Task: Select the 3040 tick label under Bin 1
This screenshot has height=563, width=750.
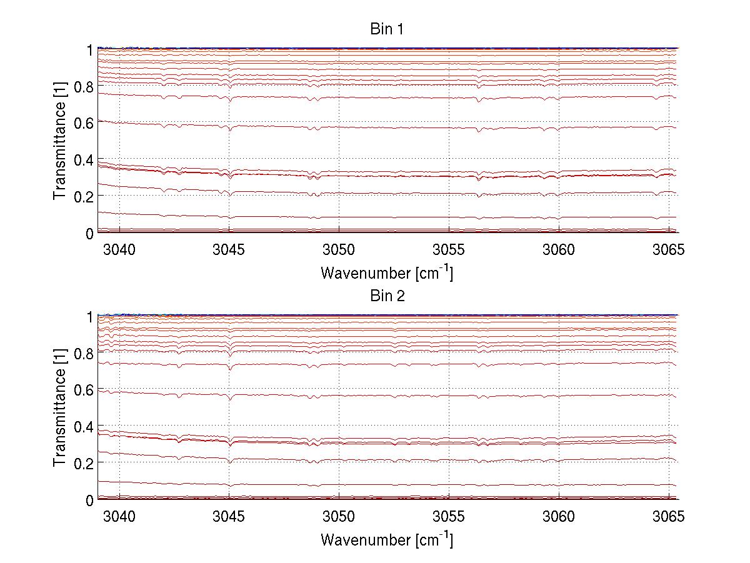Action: (119, 250)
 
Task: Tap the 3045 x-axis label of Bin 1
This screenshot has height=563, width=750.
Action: (229, 250)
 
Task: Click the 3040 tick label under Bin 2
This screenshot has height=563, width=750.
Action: (119, 517)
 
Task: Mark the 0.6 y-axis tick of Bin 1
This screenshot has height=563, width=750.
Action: (86, 123)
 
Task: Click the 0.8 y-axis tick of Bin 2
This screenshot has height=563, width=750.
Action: (86, 354)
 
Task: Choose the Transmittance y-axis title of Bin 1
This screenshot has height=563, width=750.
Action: (60, 141)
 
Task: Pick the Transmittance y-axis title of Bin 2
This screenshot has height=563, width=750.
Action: (60, 407)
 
